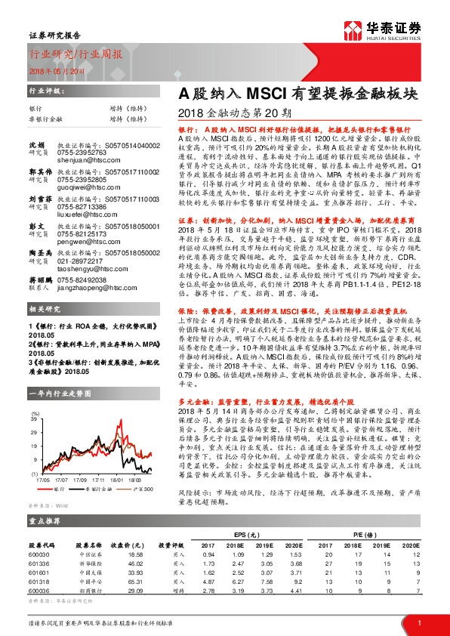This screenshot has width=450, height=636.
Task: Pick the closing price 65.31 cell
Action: (116, 582)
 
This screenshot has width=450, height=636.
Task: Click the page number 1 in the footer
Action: (419, 622)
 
